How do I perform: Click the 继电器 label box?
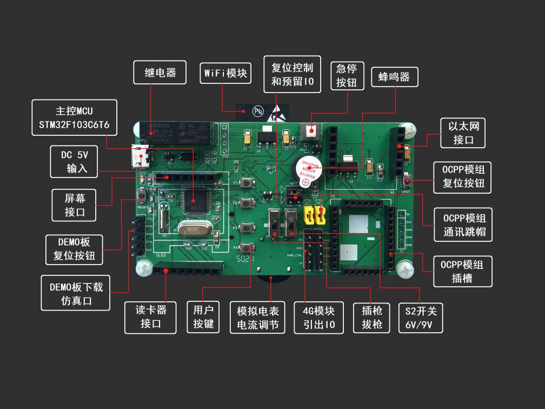160,72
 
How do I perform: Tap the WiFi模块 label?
225,72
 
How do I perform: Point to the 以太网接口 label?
463,133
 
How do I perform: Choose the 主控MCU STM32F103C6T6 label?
74,117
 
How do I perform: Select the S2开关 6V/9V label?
420,317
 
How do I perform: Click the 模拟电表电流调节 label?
257,317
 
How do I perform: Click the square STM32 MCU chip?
193,199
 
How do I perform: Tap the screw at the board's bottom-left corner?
144,268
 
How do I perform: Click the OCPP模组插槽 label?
463,271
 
